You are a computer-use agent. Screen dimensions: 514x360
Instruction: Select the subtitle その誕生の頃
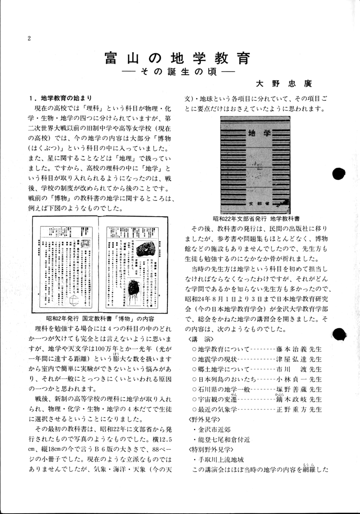[x=178, y=73]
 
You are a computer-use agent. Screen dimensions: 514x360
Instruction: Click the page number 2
[x=29, y=38]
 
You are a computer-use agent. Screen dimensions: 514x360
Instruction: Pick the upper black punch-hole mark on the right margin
[x=339, y=173]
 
